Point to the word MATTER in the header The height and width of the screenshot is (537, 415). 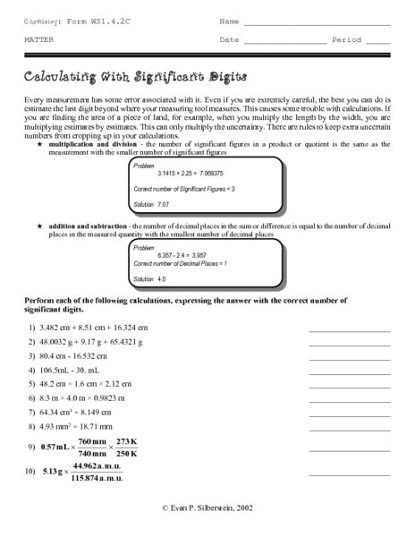coord(37,40)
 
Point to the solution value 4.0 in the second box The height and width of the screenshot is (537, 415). coord(161,280)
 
